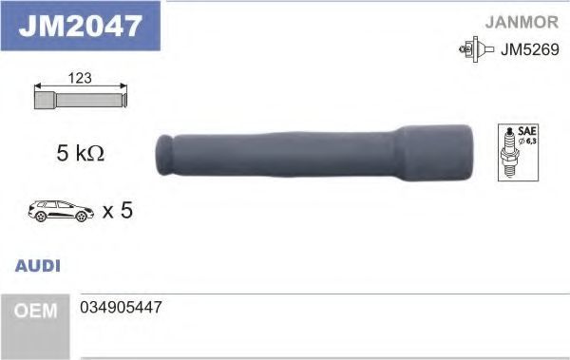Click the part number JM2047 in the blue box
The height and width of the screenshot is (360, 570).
click(80, 26)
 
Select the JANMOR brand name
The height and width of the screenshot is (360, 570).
click(522, 22)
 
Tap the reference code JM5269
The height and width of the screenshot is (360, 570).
click(530, 49)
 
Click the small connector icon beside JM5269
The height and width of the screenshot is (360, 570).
click(476, 49)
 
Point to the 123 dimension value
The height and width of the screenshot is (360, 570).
click(80, 78)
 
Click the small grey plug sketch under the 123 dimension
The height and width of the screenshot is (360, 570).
click(81, 100)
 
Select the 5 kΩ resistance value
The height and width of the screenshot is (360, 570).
click(81, 153)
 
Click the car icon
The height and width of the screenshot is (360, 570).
click(61, 211)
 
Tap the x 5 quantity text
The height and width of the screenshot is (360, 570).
click(118, 210)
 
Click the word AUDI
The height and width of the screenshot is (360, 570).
click(38, 266)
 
